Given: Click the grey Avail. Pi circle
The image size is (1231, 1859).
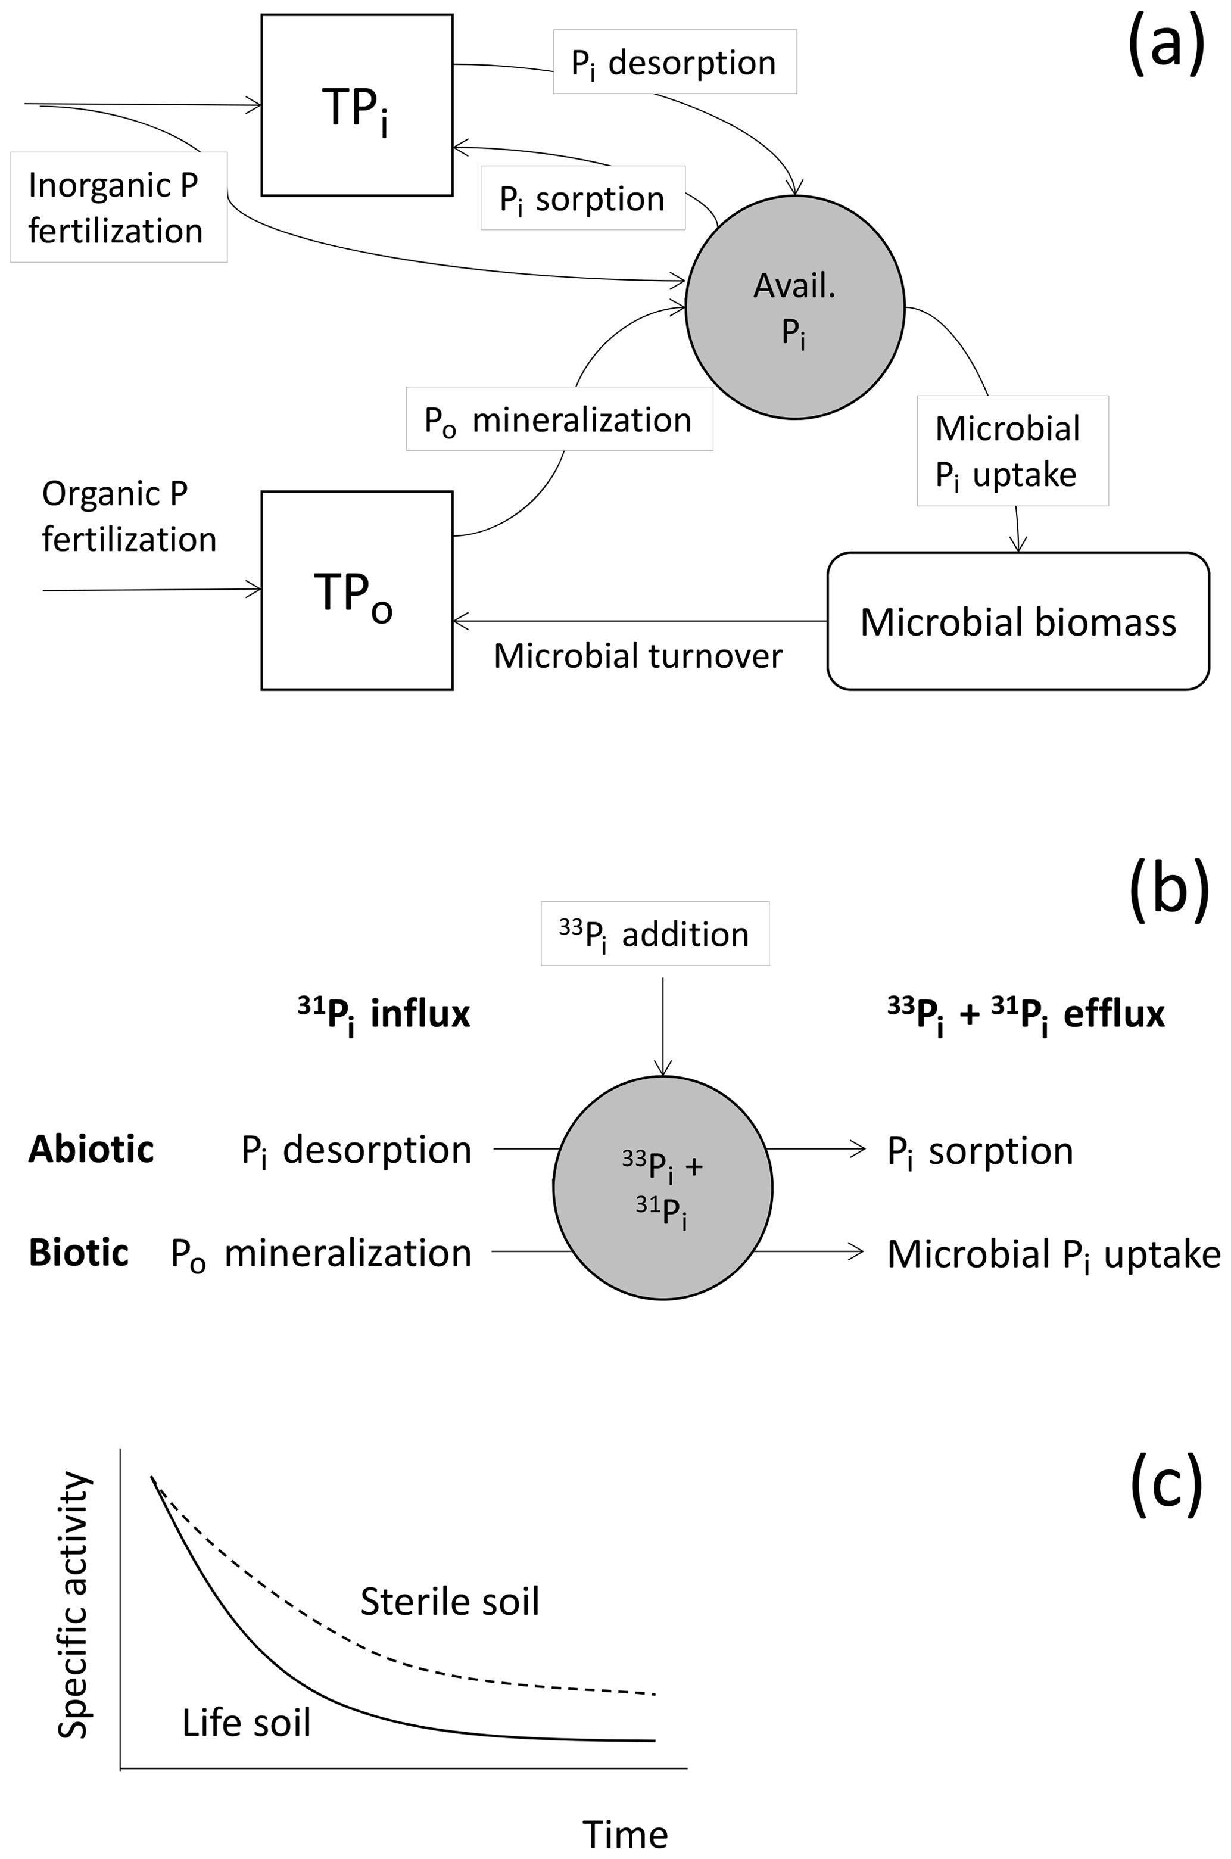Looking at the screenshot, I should pyautogui.click(x=794, y=307).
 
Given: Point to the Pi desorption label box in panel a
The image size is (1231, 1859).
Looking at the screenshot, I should pyautogui.click(x=674, y=62).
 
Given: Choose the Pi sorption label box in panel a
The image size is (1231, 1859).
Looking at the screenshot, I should pyautogui.click(x=582, y=198).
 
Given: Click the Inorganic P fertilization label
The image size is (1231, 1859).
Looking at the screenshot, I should pyautogui.click(x=119, y=207).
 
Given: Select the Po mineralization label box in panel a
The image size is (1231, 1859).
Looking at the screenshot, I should pyautogui.click(x=559, y=419).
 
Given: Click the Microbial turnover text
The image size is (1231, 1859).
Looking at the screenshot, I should pyautogui.click(x=637, y=656).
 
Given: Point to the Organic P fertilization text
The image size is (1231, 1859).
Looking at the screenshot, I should pyautogui.click(x=129, y=516).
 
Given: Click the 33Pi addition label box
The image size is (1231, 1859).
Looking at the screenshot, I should pyautogui.click(x=655, y=933).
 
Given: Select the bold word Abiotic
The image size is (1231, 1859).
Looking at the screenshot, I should pyautogui.click(x=91, y=1150).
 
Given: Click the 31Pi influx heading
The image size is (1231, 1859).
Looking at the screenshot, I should pyautogui.click(x=384, y=1014).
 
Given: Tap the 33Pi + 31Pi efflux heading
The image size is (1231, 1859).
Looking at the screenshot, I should pyautogui.click(x=1026, y=1014).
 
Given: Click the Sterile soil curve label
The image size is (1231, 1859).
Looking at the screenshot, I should pyautogui.click(x=450, y=1602).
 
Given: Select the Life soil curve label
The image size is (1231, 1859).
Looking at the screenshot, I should pyautogui.click(x=247, y=1723).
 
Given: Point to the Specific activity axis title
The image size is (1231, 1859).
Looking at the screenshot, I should pyautogui.click(x=74, y=1605).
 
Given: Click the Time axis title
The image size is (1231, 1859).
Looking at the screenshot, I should pyautogui.click(x=625, y=1835).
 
